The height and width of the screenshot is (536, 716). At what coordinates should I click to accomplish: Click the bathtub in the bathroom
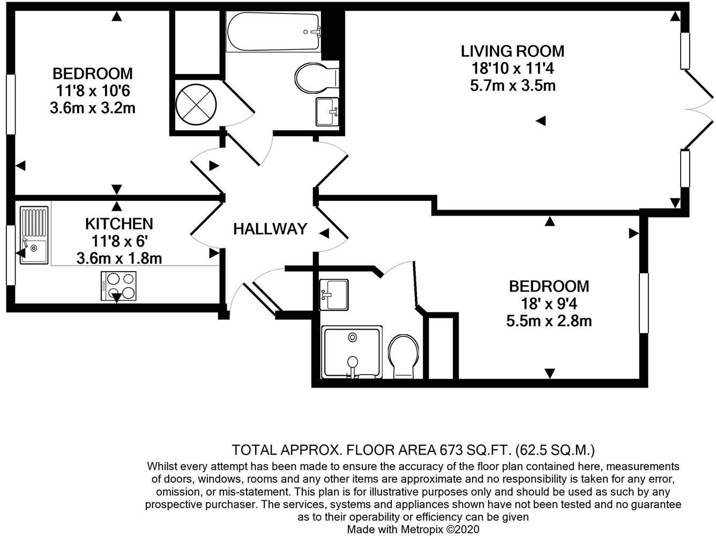[x=273, y=32]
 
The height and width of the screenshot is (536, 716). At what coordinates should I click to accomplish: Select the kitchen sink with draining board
[x=34, y=235]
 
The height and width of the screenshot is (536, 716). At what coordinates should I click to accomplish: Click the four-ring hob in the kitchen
[x=118, y=286]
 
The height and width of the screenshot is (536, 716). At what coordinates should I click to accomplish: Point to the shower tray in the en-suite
[x=352, y=352]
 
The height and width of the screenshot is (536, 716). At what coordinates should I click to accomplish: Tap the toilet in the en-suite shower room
[x=404, y=356]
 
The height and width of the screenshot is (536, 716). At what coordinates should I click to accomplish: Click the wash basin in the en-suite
[x=334, y=294]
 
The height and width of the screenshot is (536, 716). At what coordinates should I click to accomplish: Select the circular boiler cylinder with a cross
[x=196, y=105]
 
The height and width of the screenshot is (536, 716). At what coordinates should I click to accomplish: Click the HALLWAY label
[x=270, y=229]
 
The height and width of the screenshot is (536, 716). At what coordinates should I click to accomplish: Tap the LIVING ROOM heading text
[x=512, y=51]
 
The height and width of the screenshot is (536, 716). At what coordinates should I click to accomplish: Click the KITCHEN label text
[x=119, y=224]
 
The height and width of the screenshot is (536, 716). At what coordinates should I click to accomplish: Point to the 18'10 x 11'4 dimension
[x=513, y=69]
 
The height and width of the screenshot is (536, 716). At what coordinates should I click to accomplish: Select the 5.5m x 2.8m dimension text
[x=549, y=321]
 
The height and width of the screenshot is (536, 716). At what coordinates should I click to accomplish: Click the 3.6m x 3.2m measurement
[x=93, y=108]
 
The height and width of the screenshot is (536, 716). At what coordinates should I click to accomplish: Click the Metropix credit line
[x=413, y=529]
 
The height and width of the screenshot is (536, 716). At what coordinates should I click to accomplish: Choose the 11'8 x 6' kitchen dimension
[x=120, y=241]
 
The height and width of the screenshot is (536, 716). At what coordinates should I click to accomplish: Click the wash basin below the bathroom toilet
[x=327, y=111]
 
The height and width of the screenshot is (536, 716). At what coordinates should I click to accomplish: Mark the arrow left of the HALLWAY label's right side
[x=324, y=233]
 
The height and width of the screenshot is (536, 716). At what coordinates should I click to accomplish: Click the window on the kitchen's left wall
[x=11, y=255]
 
